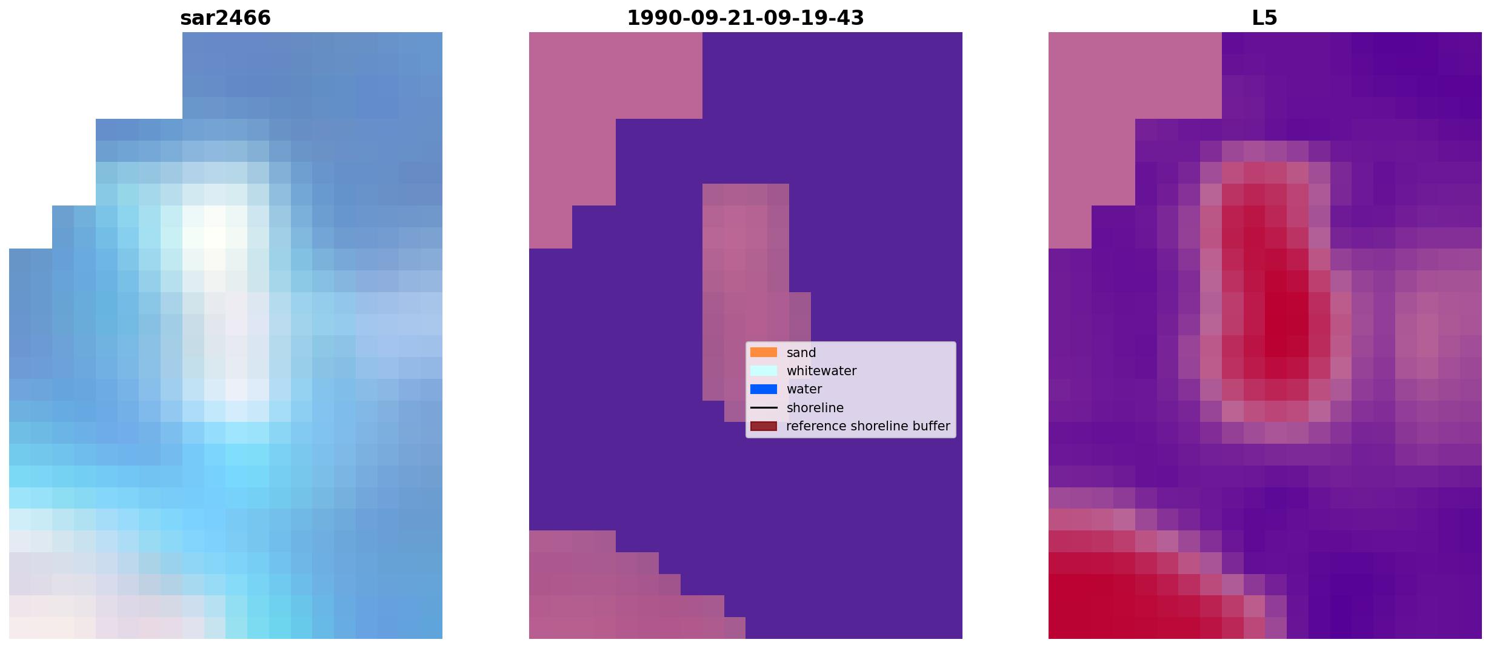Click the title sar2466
pos(225,18)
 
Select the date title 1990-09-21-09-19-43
pos(745,18)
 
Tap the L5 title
pos(1265,18)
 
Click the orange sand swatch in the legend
pos(764,352)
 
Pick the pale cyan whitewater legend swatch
pos(764,370)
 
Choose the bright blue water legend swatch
pos(764,389)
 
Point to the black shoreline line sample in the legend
pos(764,407)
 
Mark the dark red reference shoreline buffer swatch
pos(764,426)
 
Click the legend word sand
pos(801,353)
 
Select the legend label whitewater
pos(821,371)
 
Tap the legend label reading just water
pos(804,389)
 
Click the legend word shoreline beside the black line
pos(815,408)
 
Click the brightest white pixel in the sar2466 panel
pos(215,238)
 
